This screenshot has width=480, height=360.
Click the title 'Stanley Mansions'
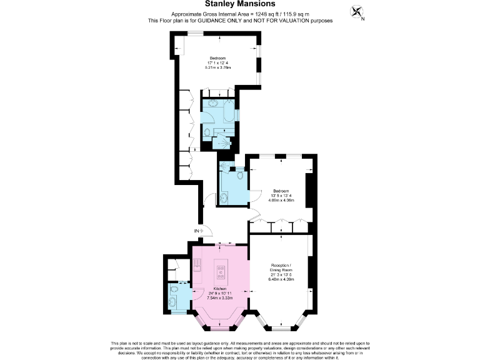tap(240, 4)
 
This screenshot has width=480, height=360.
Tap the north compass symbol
tap(356, 12)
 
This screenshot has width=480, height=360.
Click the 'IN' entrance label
tap(196, 231)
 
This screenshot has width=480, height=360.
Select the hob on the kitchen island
tap(221, 271)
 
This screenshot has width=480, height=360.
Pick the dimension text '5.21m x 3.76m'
tap(217, 67)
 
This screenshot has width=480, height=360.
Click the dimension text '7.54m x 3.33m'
tap(221, 297)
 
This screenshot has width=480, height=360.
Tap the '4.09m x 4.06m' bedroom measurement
tap(280, 201)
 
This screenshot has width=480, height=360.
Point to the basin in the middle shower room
tap(224, 199)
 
